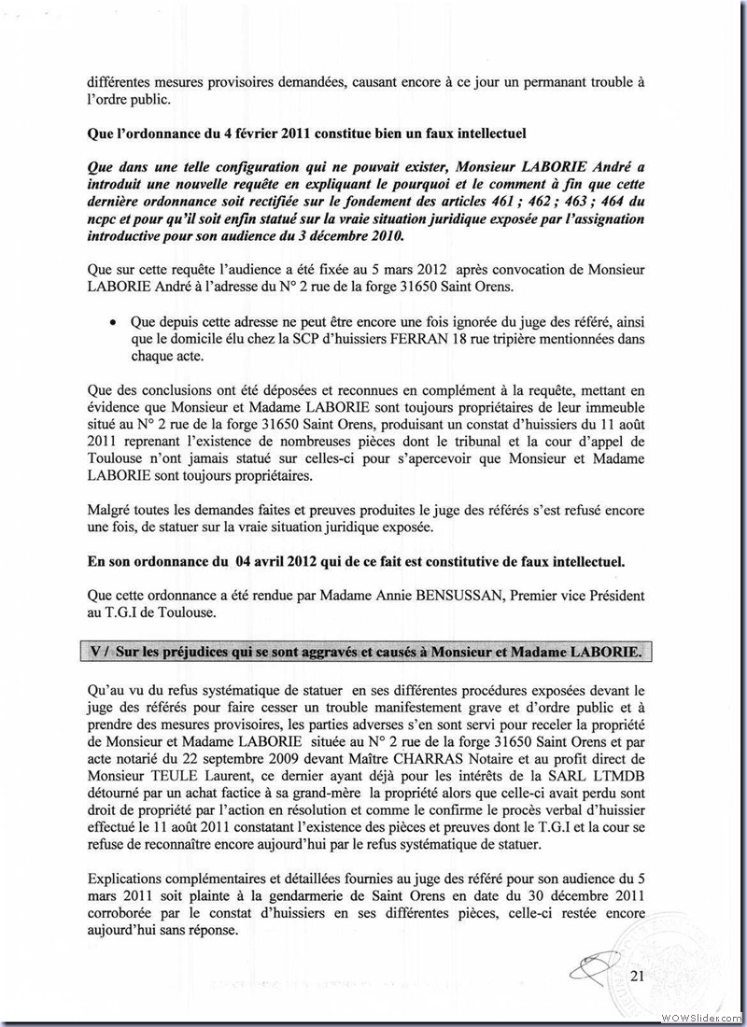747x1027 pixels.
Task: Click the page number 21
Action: (x=638, y=976)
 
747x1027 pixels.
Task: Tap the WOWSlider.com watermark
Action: (x=703, y=1016)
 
